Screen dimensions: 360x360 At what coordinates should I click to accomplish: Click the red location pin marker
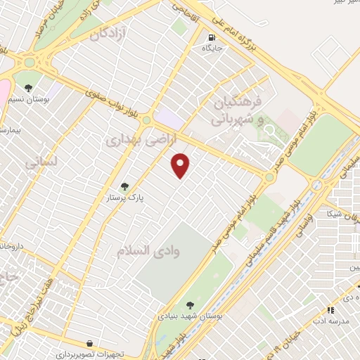181,165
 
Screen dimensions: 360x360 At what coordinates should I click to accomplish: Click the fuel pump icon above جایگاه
212,37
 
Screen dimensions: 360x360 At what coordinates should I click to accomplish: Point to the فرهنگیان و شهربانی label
236,111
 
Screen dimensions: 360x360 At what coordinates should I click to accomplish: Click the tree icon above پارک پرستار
124,186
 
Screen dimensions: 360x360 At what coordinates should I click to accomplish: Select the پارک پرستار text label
124,198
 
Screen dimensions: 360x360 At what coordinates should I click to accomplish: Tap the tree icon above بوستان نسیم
27,89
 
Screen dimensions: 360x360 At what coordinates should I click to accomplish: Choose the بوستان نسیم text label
27,101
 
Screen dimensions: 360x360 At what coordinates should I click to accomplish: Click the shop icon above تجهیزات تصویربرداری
89,343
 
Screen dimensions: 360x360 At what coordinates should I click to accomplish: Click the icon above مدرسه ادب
330,309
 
